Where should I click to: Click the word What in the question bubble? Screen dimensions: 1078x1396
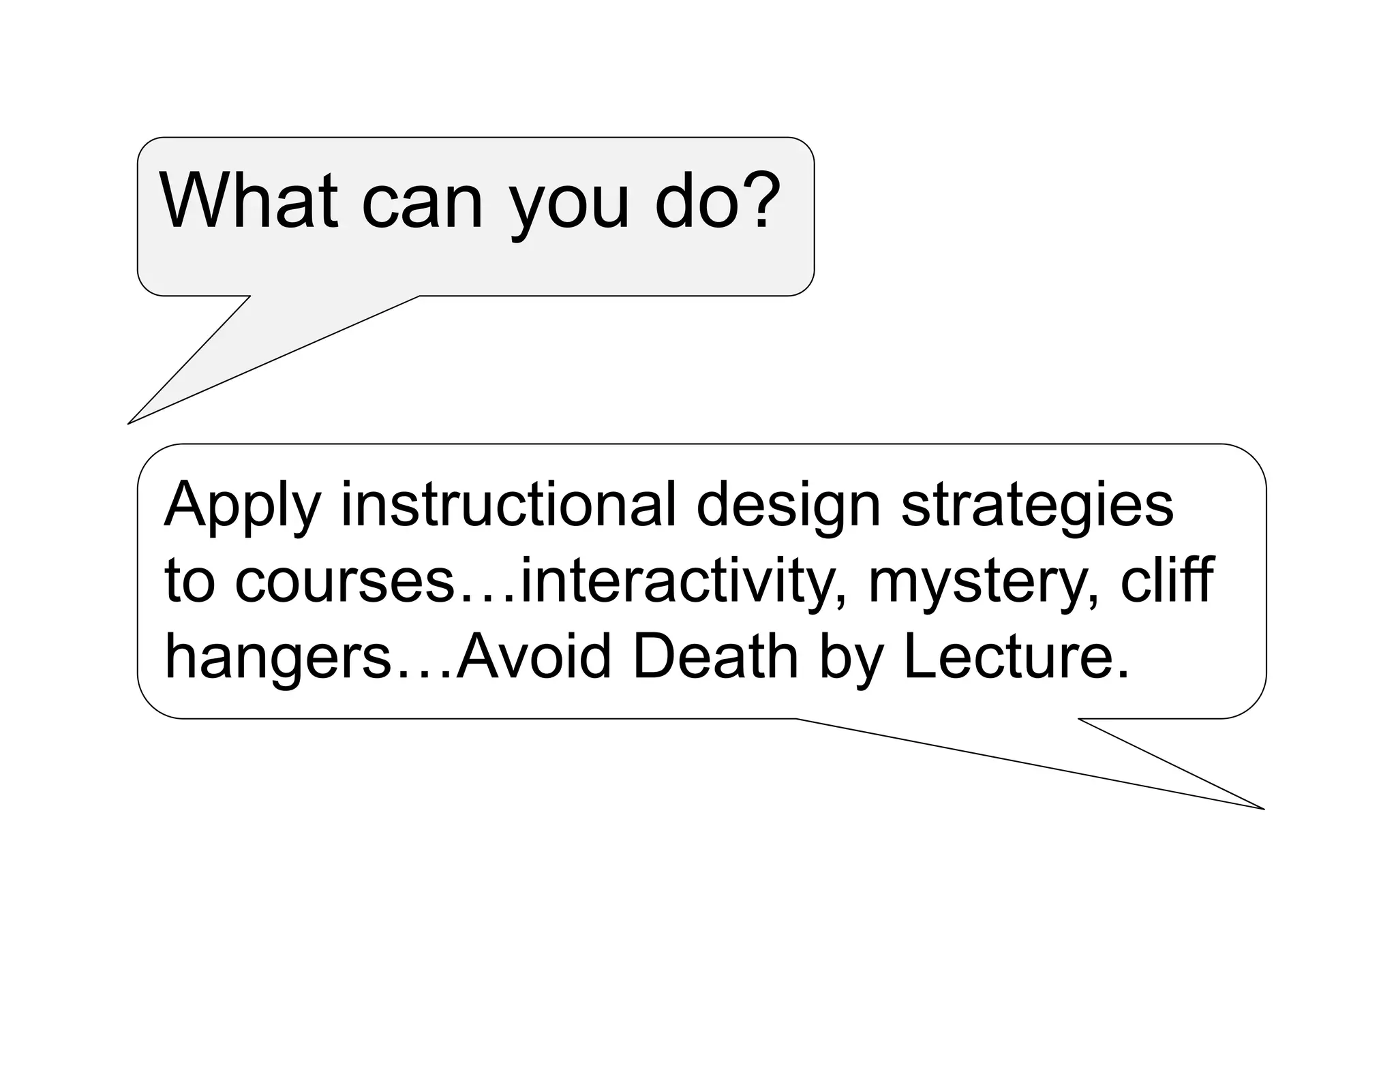pyautogui.click(x=248, y=201)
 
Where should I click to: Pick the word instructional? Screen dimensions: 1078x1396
pyautogui.click(x=509, y=505)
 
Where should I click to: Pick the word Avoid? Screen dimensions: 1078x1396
pyautogui.click(x=533, y=657)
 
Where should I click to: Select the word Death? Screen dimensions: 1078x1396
pyautogui.click(x=715, y=657)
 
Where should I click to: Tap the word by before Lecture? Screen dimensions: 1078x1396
pyautogui.click(x=849, y=658)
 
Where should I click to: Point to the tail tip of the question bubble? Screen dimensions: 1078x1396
pyautogui.click(x=130, y=423)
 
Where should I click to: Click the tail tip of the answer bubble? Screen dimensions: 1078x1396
pyautogui.click(x=1262, y=809)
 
